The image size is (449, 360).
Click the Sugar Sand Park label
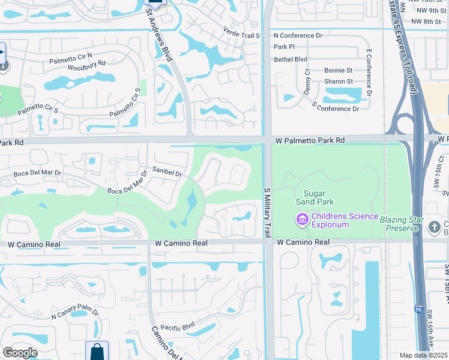click(319, 197)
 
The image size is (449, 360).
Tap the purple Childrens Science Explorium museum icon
click(302, 220)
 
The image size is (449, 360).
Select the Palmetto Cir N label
click(71, 55)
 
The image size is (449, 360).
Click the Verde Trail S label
click(241, 35)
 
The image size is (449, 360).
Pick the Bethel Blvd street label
click(290, 59)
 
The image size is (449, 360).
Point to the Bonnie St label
click(338, 70)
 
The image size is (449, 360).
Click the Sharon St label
click(338, 81)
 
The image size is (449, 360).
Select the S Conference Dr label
click(335, 109)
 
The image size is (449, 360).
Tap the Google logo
click(20, 353)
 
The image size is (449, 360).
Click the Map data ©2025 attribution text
click(423, 355)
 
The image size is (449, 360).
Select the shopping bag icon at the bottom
click(97, 352)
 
